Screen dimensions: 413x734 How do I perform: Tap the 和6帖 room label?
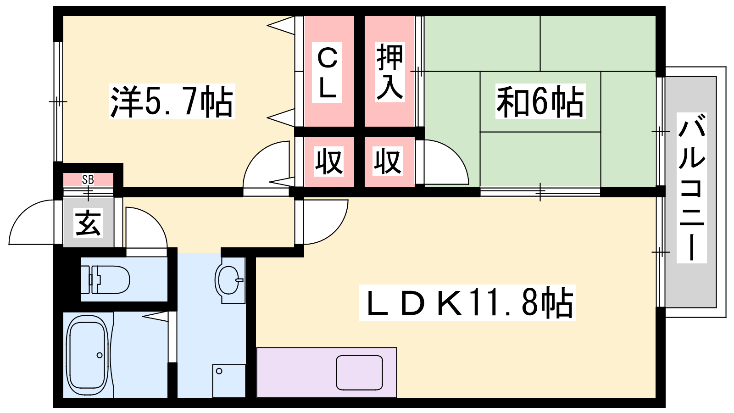[x=540, y=101]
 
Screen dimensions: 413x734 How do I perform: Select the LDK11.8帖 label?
[x=467, y=303]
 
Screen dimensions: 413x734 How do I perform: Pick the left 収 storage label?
[x=328, y=162]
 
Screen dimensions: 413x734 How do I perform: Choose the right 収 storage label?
[x=388, y=162]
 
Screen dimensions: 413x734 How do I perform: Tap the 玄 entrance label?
[x=89, y=223]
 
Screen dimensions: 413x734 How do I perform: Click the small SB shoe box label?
[x=88, y=179]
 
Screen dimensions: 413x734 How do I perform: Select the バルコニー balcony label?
[x=691, y=188]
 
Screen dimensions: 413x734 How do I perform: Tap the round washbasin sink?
[x=229, y=280]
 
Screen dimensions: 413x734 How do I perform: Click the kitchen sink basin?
[x=359, y=372]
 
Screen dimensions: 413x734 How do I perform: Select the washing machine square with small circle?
[x=228, y=380]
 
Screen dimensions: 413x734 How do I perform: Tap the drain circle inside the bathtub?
[x=99, y=355]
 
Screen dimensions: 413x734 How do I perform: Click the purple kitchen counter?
[x=298, y=372]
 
